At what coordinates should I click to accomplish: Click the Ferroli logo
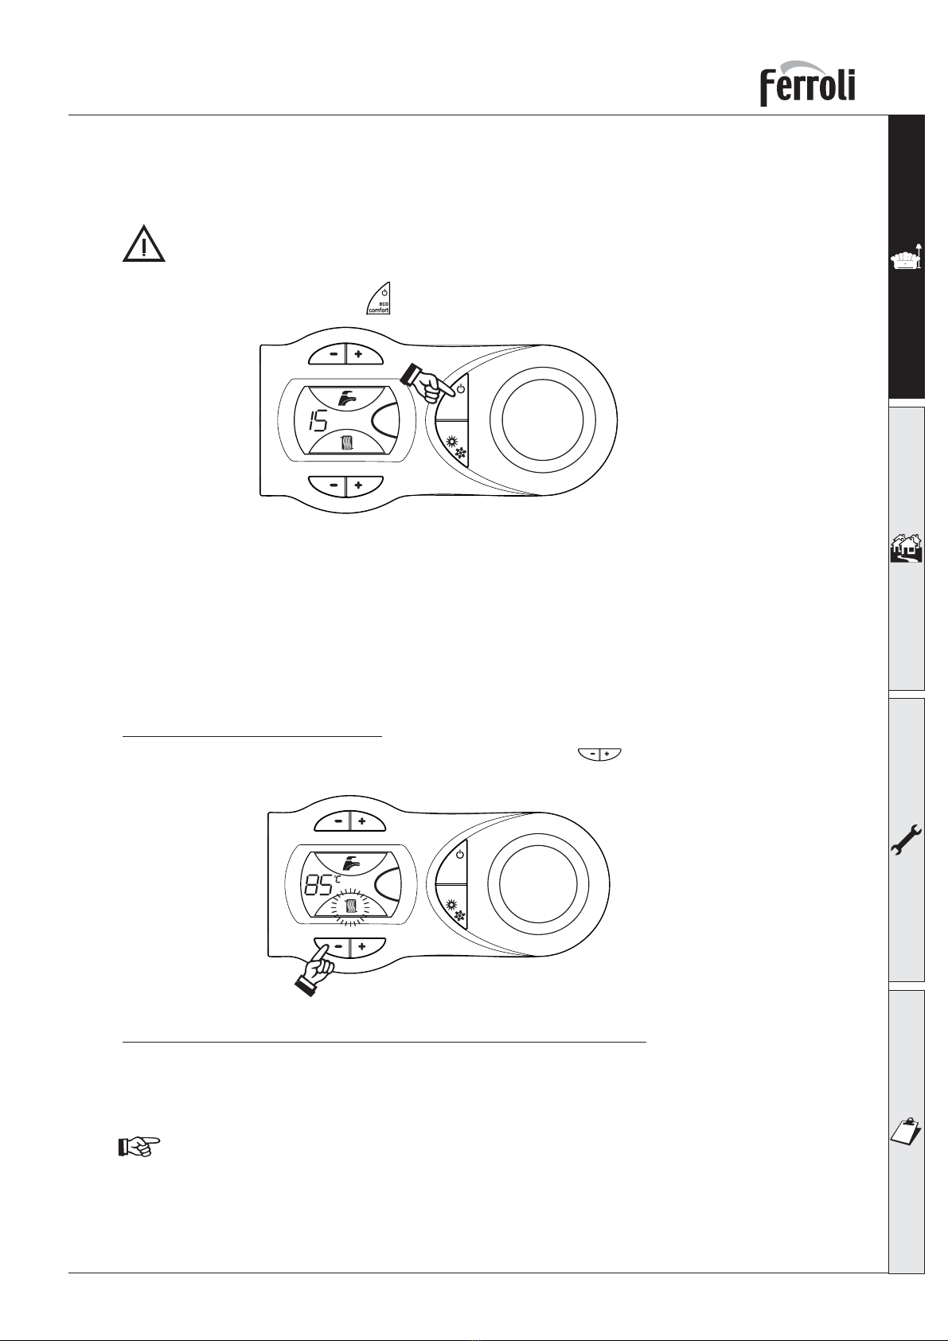(807, 83)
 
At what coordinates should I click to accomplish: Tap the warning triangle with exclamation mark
(144, 244)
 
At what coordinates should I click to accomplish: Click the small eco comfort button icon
(378, 298)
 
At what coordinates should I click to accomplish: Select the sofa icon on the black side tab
(907, 256)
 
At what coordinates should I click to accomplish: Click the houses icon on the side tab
(907, 548)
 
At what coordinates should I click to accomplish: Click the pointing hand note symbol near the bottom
(139, 1147)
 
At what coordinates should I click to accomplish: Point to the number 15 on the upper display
(318, 423)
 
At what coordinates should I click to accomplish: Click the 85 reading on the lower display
(319, 884)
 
